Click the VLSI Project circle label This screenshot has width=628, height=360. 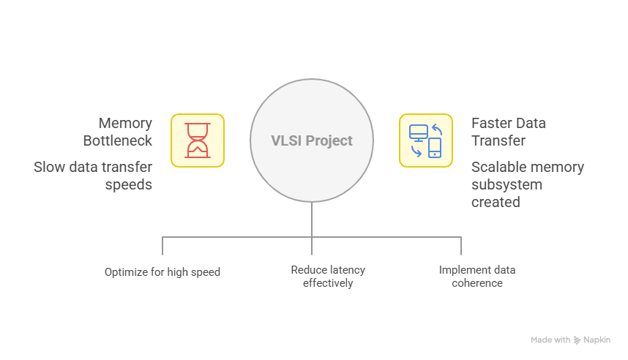coord(312,140)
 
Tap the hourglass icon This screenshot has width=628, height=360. coord(198,140)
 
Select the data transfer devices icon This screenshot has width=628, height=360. coord(425,140)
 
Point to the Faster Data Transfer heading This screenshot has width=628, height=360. coord(508,132)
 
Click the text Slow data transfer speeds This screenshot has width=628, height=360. coord(93,176)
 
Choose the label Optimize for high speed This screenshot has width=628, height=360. coord(162,272)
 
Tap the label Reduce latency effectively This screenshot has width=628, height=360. coord(327,276)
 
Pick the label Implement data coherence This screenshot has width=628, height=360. coord(476,276)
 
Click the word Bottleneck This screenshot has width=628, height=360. coord(118,140)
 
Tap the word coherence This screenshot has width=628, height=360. coord(477,282)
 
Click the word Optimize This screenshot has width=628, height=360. coord(126,272)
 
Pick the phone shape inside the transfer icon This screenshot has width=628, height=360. coord(435,148)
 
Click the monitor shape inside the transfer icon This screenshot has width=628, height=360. coord(418,133)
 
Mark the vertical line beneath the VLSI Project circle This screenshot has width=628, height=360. coord(312,220)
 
